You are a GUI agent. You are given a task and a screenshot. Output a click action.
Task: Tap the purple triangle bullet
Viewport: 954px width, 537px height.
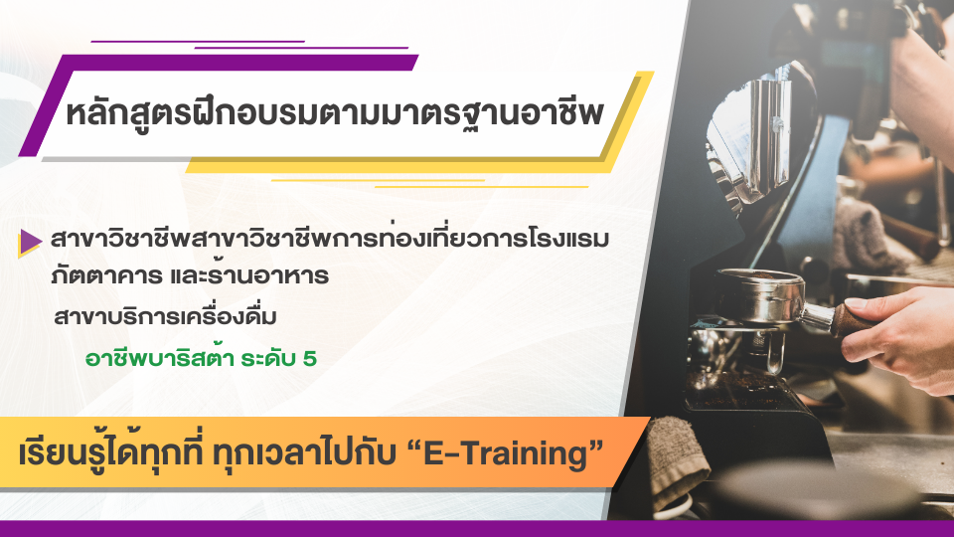[30, 242]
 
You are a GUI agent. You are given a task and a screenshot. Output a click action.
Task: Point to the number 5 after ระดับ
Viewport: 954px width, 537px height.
[310, 358]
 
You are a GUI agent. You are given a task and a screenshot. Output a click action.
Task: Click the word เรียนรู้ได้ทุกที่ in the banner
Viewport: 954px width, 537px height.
[110, 454]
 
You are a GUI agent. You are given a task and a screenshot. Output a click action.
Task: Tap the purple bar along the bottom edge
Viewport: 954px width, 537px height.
[477, 528]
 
